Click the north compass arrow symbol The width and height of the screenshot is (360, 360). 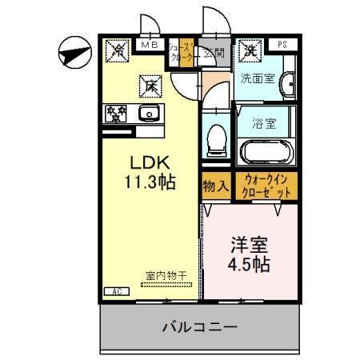tap(73, 54)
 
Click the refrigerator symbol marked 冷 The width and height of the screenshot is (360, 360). tap(117, 50)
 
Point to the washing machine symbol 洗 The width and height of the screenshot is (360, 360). tap(250, 50)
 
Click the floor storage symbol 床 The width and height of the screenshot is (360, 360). tap(150, 83)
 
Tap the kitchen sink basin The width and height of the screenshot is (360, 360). tap(149, 114)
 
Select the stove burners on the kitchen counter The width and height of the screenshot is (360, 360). tap(114, 114)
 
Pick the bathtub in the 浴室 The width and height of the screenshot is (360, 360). tap(267, 150)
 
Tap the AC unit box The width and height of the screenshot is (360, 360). tap(115, 291)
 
